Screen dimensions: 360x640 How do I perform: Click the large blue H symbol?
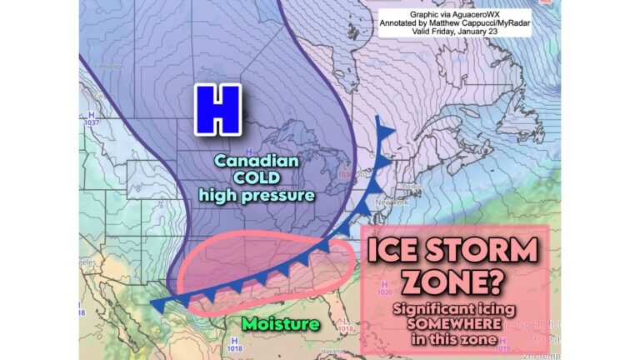click(217, 110)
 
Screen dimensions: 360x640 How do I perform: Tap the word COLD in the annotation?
click(257, 178)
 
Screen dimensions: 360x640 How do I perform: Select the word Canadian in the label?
click(256, 161)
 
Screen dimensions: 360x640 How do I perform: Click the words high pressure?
click(256, 196)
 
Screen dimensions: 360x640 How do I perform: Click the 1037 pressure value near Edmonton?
click(89, 123)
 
